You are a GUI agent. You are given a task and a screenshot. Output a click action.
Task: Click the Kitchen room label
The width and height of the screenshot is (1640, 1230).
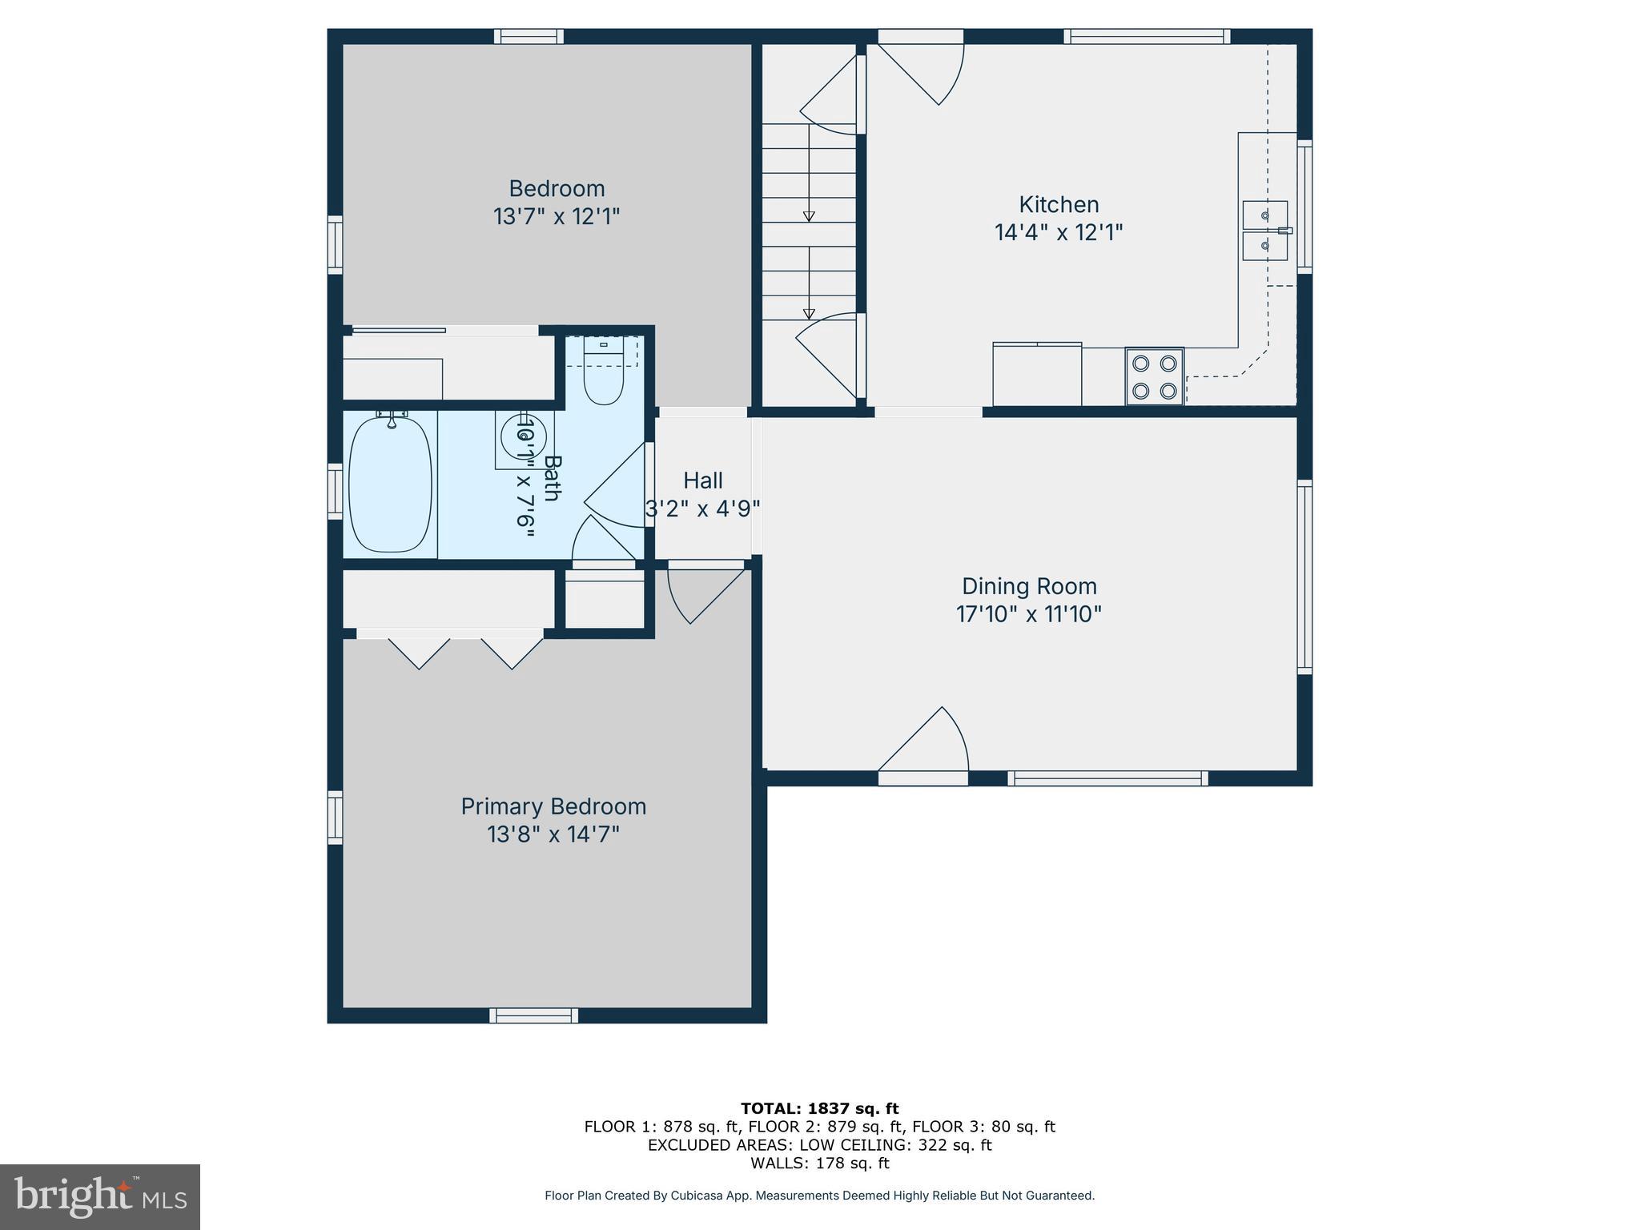[1058, 204]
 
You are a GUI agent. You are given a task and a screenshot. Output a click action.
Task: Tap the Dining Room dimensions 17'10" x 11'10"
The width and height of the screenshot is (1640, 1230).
[1028, 614]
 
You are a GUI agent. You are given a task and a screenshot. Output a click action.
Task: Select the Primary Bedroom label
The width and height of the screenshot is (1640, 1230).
[553, 806]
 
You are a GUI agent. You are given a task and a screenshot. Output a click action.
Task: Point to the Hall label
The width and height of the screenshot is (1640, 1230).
[702, 480]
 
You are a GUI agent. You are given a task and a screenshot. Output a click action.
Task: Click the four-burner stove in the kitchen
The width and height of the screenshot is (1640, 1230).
[1154, 376]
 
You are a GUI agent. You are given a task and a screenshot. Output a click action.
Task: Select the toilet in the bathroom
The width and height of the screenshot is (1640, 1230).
[603, 376]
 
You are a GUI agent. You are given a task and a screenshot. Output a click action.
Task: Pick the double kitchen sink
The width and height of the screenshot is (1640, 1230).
[1264, 231]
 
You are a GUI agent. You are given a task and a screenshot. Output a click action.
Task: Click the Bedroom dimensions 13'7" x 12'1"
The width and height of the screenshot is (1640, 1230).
[557, 216]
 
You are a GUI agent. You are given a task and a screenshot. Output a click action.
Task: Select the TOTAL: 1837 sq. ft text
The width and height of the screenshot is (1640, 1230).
[819, 1108]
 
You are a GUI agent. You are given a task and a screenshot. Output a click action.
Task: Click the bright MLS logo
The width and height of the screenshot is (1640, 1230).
[100, 1196]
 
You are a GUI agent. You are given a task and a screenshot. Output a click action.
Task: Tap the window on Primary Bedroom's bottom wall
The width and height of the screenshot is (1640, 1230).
[534, 1015]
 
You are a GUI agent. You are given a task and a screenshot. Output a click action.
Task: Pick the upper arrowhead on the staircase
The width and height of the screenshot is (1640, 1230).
[809, 216]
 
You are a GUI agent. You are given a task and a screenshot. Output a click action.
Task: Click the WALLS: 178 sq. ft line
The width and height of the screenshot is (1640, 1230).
[819, 1163]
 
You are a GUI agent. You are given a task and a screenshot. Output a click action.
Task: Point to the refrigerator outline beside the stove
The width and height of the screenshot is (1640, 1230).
[1037, 375]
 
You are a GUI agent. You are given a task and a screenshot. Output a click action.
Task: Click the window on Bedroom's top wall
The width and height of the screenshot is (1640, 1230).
[529, 36]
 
